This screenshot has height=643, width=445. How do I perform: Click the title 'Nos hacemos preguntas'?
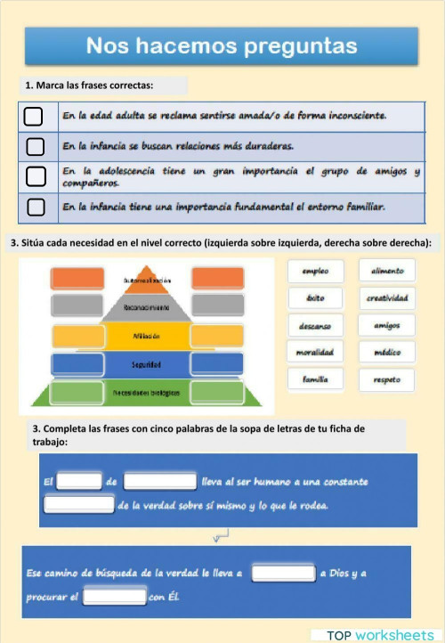click(222, 45)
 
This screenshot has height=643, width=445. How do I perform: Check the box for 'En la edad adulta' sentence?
click(34, 116)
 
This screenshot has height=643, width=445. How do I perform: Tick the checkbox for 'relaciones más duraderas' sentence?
click(34, 145)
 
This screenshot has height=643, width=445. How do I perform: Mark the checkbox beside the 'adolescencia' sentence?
click(34, 175)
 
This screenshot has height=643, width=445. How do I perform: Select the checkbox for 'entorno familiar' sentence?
click(34, 207)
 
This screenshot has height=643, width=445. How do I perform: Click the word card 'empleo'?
click(315, 271)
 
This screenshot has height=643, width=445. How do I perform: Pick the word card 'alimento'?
click(387, 271)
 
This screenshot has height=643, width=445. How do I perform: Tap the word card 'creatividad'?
click(387, 297)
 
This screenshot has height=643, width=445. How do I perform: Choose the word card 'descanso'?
click(315, 325)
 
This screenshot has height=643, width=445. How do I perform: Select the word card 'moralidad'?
click(315, 353)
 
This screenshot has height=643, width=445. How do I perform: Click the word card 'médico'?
click(387, 353)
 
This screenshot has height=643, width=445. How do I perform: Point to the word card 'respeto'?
click(387, 379)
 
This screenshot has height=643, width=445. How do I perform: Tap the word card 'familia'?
click(315, 379)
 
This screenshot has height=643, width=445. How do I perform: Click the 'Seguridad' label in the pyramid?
click(146, 364)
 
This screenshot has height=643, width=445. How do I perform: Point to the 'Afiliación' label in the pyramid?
click(146, 336)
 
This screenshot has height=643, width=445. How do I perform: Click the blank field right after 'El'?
click(79, 482)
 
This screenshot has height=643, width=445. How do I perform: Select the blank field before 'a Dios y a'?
click(283, 573)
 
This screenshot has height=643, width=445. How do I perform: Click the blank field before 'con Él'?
click(115, 596)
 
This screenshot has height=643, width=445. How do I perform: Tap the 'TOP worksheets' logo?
click(380, 635)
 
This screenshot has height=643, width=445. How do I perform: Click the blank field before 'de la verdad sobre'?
click(79, 505)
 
